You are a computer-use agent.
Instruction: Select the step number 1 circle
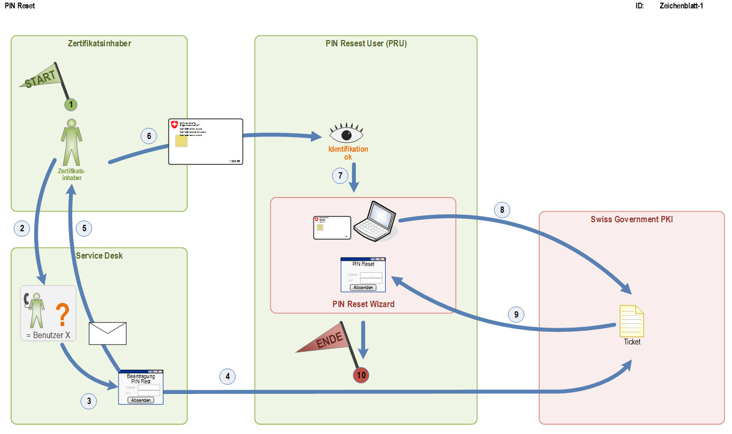[71, 105]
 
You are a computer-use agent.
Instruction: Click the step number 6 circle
[149, 136]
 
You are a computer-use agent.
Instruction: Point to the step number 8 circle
[502, 210]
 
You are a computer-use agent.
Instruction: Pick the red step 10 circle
[361, 375]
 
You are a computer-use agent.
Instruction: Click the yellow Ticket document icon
[631, 321]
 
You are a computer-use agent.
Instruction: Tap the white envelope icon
[108, 333]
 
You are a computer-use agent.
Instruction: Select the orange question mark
[62, 314]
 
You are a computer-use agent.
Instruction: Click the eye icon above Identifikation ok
[346, 135]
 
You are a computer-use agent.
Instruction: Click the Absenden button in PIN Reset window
[363, 288]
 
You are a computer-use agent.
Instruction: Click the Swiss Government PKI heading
[632, 219]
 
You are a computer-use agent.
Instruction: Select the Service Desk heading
[99, 255]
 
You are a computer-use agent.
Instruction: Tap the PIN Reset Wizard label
[363, 304]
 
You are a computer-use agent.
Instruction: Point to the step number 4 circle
[228, 376]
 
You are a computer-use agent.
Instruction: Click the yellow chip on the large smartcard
[181, 141]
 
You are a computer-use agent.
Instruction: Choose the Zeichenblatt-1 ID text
[681, 6]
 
